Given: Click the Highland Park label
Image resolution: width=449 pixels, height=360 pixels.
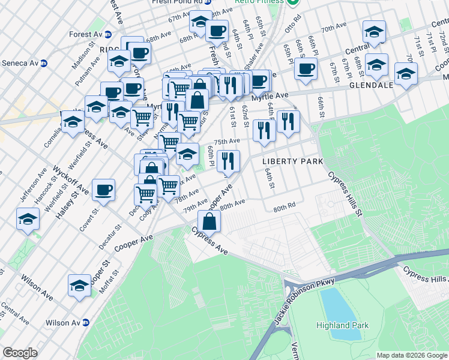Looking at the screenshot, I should (343, 325).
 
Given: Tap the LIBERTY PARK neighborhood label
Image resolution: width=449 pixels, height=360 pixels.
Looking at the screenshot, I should (293, 162).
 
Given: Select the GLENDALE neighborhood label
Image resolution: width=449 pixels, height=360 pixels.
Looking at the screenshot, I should (371, 85).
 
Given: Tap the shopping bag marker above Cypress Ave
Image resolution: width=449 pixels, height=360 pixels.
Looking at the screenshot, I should (208, 221).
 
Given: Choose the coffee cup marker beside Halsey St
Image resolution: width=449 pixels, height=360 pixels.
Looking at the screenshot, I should (104, 190).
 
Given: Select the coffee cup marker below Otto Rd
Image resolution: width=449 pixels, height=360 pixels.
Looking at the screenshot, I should (306, 68).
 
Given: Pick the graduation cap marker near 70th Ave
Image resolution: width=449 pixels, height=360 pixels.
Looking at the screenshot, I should (374, 32).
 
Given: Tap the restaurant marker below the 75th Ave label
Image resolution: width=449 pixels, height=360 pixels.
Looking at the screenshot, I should (228, 160).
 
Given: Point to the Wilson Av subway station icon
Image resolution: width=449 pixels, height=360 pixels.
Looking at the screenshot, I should (86, 323).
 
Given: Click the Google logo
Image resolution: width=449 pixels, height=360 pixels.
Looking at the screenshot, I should (20, 353).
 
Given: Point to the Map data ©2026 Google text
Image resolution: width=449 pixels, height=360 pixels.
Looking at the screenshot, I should (411, 355).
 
